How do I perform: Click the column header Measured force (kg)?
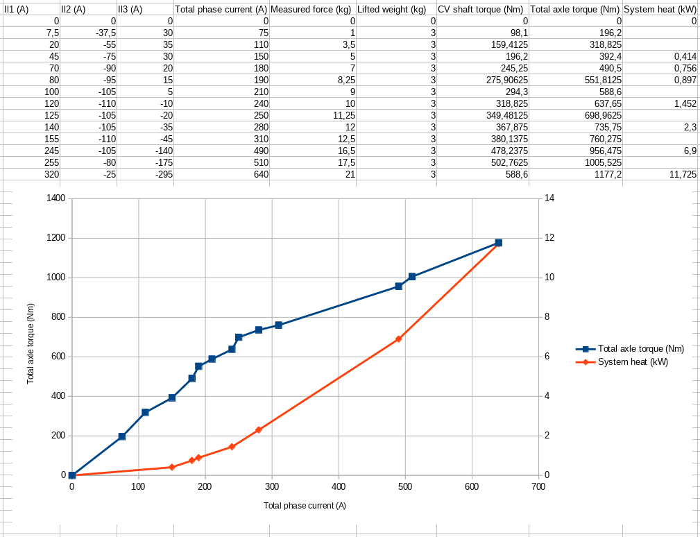311,10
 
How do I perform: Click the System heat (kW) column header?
660,10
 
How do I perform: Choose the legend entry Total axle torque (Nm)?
640,349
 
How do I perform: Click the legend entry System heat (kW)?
633,361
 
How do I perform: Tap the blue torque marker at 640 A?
498,243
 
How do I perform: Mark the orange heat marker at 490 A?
398,339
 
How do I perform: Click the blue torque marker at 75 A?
122,436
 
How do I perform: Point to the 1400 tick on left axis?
55,198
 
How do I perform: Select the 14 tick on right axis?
549,198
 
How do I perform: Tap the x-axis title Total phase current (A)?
305,505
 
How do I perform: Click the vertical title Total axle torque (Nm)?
31,344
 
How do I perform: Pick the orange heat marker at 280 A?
259,430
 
